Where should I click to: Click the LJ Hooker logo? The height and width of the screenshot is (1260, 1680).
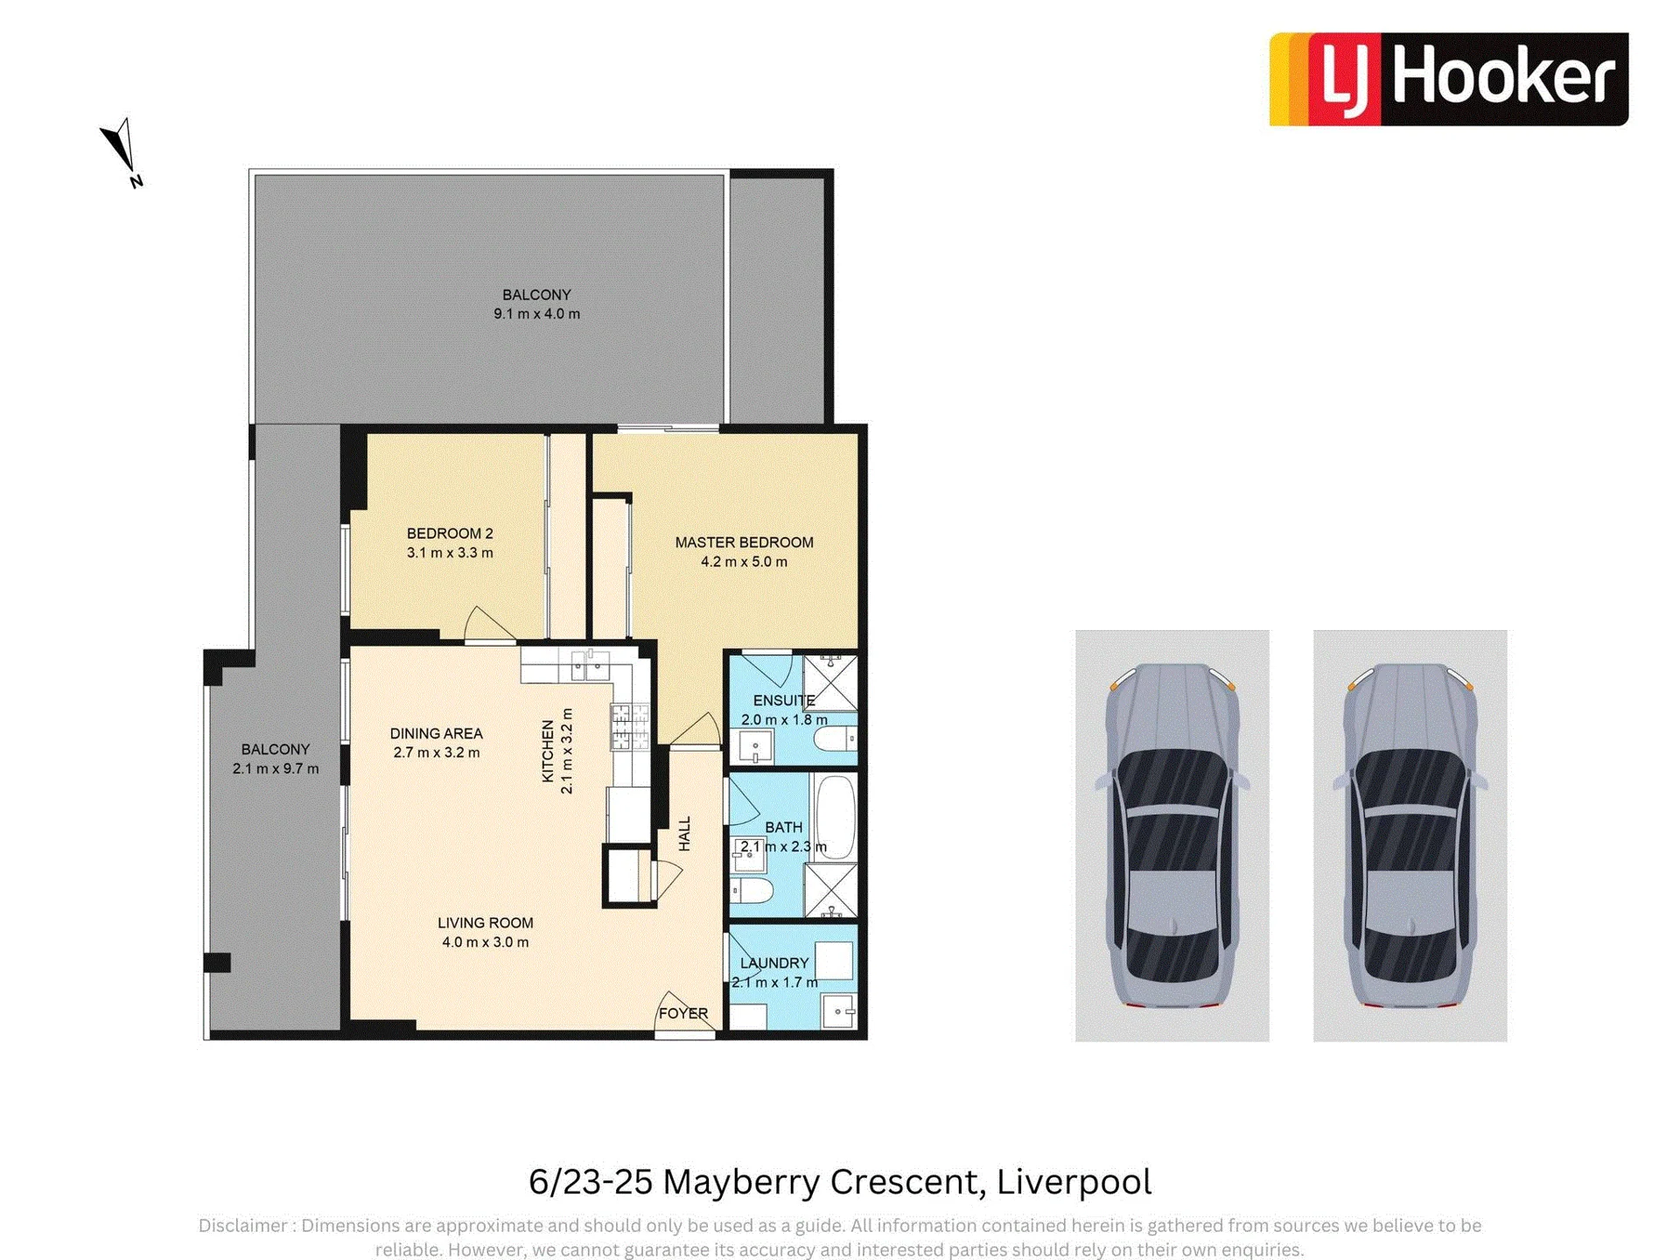coord(1448,79)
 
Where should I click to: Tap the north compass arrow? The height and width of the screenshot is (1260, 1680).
coord(120,149)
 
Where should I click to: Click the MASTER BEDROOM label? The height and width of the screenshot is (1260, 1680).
coord(744,542)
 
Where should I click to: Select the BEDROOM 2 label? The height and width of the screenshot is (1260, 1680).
coord(450,534)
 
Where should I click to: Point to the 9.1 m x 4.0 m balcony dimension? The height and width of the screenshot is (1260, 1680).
coord(536,314)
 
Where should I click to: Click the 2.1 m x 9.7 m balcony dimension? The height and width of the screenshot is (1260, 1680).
coord(276,769)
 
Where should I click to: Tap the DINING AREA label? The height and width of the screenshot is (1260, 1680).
coord(436,733)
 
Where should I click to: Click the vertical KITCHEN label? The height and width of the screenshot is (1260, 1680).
coord(548,751)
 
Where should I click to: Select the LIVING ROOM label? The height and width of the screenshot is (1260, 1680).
coord(485,923)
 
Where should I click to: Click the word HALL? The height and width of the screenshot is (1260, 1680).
coord(685,834)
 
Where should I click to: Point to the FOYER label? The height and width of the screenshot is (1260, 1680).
coord(683,1013)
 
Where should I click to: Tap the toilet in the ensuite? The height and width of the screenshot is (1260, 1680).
coord(835,740)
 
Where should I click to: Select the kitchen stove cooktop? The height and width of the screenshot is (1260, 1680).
coord(630,727)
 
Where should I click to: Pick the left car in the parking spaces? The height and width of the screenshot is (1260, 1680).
coord(1172,836)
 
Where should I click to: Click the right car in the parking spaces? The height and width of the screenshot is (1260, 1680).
coord(1410,836)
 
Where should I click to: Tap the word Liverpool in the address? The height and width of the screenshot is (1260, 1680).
coord(1074,1182)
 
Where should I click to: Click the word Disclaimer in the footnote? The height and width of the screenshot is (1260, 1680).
coord(242,1226)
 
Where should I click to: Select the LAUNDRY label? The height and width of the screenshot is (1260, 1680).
coord(774,963)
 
